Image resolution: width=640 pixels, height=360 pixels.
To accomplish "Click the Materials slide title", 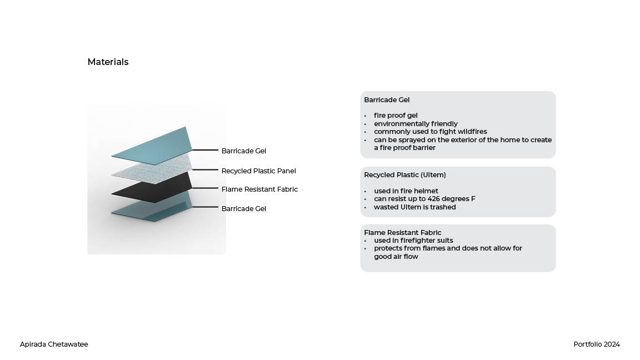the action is pos(108,62).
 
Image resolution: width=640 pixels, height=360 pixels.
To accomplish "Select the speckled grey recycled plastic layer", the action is pos(153,169).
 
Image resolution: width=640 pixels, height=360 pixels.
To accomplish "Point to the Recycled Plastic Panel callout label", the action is pos(258,171).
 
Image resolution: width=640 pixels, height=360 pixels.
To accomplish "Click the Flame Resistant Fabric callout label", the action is pos(259,189).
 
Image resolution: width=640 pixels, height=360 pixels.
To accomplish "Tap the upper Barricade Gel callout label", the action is pos(244,151).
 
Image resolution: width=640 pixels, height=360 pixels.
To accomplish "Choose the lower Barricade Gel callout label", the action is pos(244,208).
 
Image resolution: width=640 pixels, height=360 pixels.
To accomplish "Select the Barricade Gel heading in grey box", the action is pos(387,100).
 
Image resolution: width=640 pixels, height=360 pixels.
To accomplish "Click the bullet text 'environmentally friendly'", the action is pos(416,123).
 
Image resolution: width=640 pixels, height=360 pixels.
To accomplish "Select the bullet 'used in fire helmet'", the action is pos(406,191).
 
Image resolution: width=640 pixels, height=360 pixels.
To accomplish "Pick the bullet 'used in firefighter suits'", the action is pos(413,240).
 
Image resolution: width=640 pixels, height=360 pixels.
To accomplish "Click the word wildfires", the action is pos(469,132).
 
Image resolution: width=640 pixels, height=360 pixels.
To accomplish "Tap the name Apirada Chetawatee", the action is pos(54,344).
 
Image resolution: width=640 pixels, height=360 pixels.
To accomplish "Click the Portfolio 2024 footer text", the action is pos(597,344).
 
